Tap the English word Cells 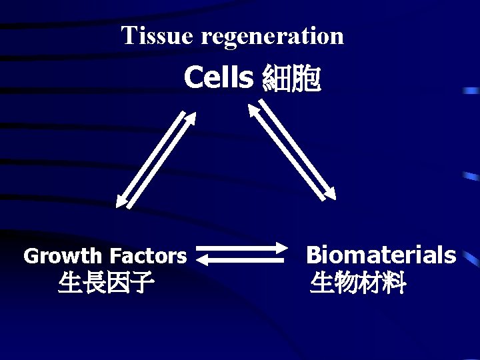[219, 78]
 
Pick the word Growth [64, 256]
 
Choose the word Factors [148, 255]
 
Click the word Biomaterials [381, 255]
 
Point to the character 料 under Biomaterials [393, 284]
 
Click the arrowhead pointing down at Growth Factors [121, 201]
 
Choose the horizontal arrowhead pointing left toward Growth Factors [203, 261]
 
